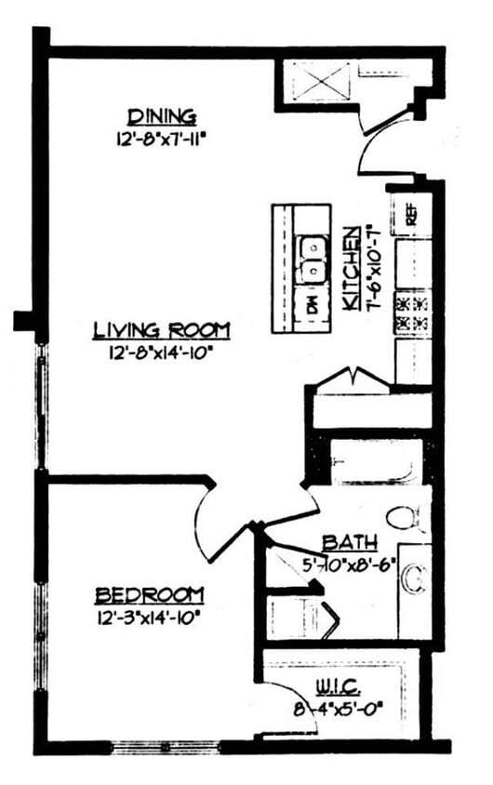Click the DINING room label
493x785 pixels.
click(163, 116)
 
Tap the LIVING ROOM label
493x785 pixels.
click(162, 329)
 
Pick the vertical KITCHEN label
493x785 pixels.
click(351, 269)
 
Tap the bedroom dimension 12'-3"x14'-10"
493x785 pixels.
click(148, 616)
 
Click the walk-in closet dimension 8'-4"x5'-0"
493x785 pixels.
click(336, 709)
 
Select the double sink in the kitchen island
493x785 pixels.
click(313, 259)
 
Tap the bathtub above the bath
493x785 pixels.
click(367, 462)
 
